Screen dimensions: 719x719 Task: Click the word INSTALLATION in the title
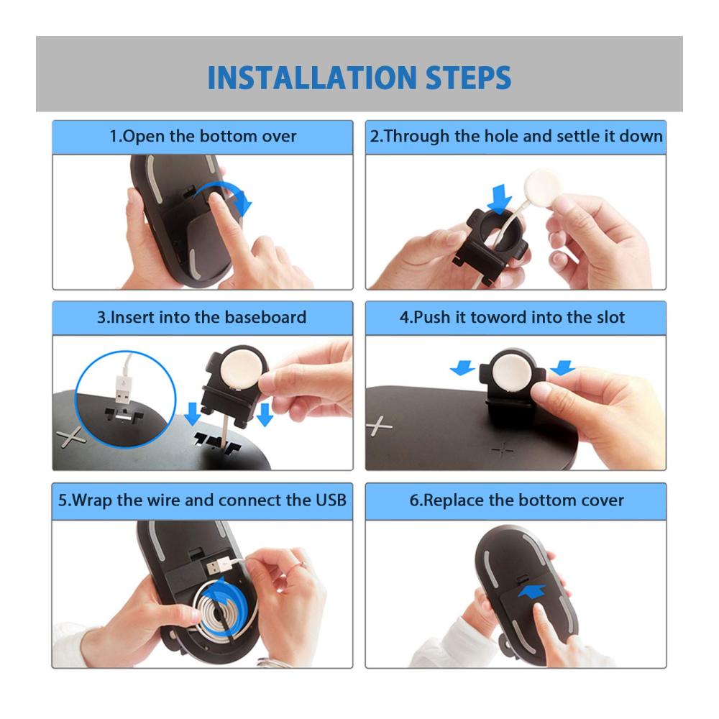click(x=312, y=78)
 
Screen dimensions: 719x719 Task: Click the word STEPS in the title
click(x=469, y=78)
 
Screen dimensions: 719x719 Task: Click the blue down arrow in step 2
click(x=500, y=198)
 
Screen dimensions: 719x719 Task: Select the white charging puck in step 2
click(x=544, y=187)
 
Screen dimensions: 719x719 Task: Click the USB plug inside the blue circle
click(x=122, y=389)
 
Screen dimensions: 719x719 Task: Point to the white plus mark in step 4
click(x=378, y=426)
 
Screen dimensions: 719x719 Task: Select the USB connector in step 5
click(x=219, y=567)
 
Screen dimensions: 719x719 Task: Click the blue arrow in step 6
click(x=532, y=591)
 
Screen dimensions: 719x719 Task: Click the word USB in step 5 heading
click(x=331, y=500)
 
